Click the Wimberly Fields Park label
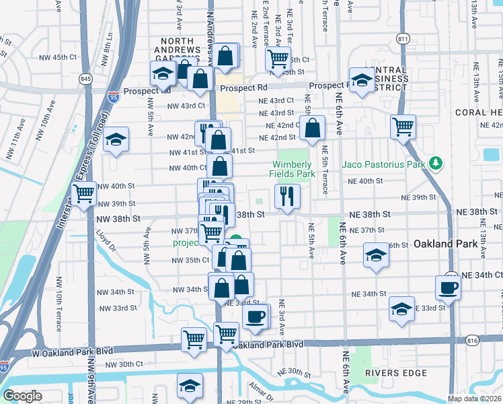click(x=294, y=169)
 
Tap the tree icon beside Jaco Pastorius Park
click(x=436, y=163)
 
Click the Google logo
click(x=22, y=396)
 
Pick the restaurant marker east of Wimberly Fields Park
click(x=287, y=197)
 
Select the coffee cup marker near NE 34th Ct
click(x=448, y=288)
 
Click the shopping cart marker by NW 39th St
click(x=84, y=195)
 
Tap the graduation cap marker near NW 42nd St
click(x=116, y=139)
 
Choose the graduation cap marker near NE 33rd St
click(x=401, y=309)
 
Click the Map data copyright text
click(x=475, y=399)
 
